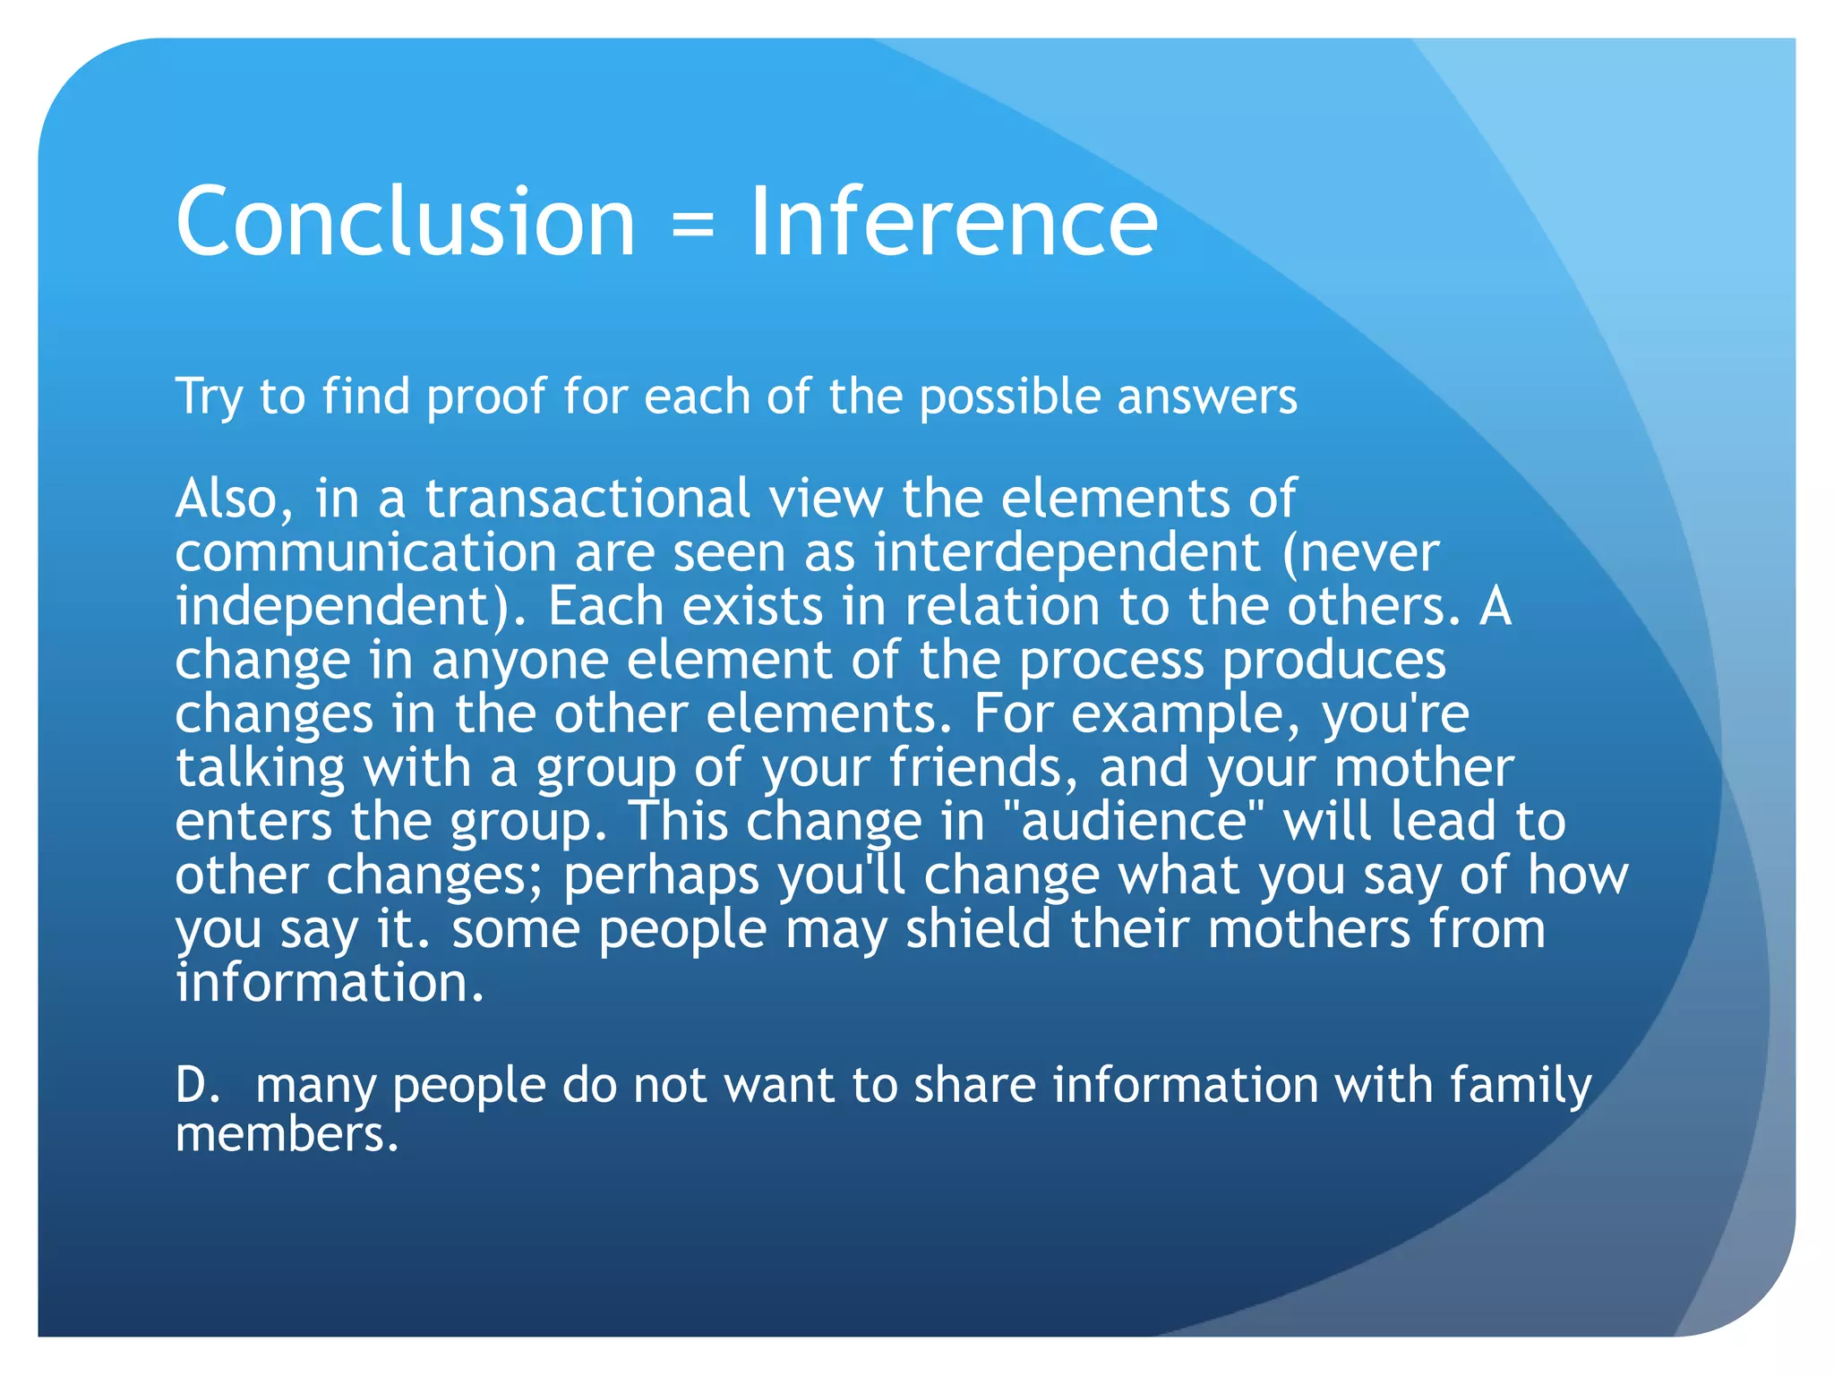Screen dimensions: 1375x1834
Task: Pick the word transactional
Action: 587,498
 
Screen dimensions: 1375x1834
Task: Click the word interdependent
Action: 1067,551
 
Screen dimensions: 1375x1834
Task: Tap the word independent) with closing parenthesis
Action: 351,606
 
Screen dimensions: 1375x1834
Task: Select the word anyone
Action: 518,660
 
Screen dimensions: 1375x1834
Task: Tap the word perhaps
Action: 662,875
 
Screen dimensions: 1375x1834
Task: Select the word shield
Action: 978,928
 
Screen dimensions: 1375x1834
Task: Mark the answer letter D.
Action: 195,1084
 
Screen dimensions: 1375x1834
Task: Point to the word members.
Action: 286,1134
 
